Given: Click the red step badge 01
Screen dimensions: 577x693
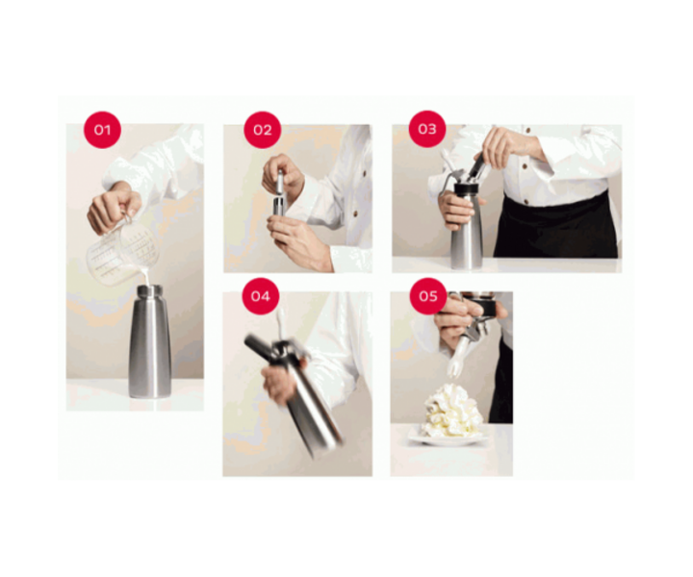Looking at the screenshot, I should click(x=102, y=130).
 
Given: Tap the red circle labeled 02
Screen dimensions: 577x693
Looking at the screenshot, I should click(x=262, y=130).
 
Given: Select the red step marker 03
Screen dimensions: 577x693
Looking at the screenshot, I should click(x=427, y=129).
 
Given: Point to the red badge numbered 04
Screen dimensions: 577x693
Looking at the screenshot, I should click(x=260, y=296).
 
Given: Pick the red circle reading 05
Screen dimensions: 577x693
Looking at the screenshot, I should click(x=428, y=295).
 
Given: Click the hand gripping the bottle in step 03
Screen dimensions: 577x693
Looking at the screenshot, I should click(x=455, y=208).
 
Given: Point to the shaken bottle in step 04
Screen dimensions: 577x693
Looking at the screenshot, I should click(x=311, y=404).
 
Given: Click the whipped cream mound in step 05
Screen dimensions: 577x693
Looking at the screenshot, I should click(x=450, y=412).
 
